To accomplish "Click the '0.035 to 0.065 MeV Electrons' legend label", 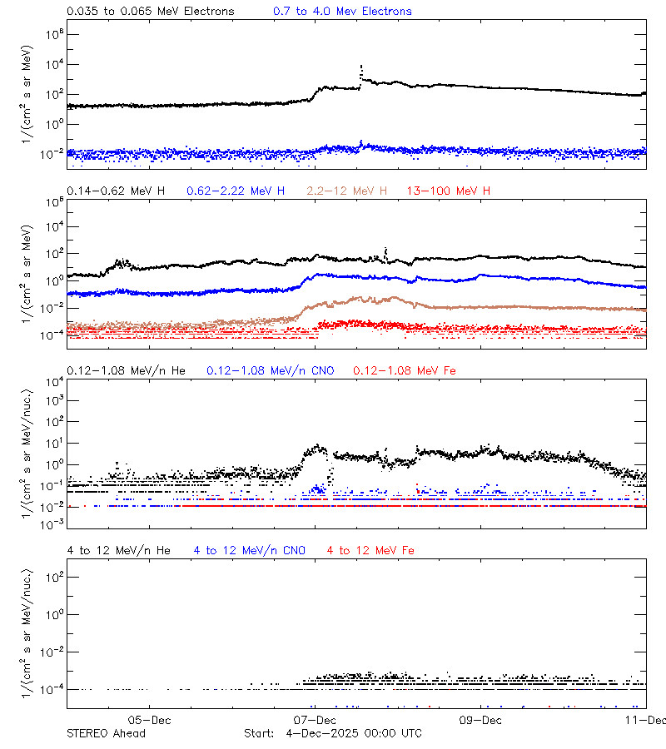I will (x=150, y=12).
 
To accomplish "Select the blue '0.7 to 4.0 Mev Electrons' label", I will (x=342, y=12).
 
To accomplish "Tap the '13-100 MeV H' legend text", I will (x=449, y=191).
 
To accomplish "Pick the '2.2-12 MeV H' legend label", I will (x=346, y=191).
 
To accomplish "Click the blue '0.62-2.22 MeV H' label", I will (x=236, y=191).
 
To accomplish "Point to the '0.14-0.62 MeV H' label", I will (x=116, y=191).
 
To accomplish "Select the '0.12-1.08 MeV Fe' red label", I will (x=405, y=370).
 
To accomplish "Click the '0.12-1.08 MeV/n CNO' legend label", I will (x=271, y=370).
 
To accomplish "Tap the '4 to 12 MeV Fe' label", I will (x=370, y=550).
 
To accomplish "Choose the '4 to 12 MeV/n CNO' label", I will (x=250, y=550).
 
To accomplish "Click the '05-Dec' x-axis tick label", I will (x=150, y=720).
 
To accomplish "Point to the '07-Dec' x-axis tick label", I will (x=316, y=720).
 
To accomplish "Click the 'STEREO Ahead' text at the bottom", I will (x=106, y=733).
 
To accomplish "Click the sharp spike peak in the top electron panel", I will (x=360, y=65).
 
